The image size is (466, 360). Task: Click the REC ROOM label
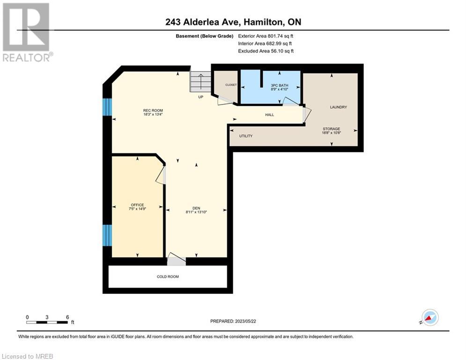pyautogui.click(x=153, y=110)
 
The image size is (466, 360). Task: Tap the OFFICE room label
pyautogui.click(x=137, y=205)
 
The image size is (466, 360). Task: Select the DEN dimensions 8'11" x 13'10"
pyautogui.click(x=196, y=212)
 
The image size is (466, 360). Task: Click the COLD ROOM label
pyautogui.click(x=168, y=277)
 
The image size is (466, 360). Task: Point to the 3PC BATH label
pyautogui.click(x=279, y=85)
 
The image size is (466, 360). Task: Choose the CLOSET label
pyautogui.click(x=231, y=85)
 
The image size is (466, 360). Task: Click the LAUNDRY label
pyautogui.click(x=339, y=107)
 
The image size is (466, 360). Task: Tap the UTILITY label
pyautogui.click(x=246, y=136)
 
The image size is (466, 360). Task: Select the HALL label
pyautogui.click(x=270, y=115)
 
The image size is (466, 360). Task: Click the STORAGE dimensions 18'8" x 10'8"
pyautogui.click(x=332, y=133)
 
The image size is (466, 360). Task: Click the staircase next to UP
pyautogui.click(x=200, y=82)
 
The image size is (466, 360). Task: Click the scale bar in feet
pyautogui.click(x=47, y=322)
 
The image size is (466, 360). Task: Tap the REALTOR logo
pyautogui.click(x=27, y=32)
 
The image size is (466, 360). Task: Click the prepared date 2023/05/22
pyautogui.click(x=245, y=321)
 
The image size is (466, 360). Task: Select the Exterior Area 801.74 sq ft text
pyautogui.click(x=266, y=36)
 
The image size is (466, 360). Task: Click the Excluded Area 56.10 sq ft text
pyautogui.click(x=266, y=51)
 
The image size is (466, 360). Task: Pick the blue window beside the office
pyautogui.click(x=107, y=235)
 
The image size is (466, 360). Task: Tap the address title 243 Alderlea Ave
pyautogui.click(x=203, y=22)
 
